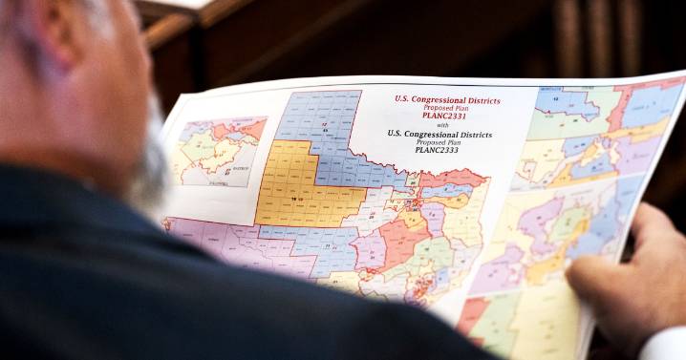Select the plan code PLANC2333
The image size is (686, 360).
click(x=439, y=150)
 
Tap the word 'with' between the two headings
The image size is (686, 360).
click(x=441, y=124)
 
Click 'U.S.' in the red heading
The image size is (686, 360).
click(x=405, y=97)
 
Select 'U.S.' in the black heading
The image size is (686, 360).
click(x=396, y=133)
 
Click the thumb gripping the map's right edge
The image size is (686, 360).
click(x=611, y=272)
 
